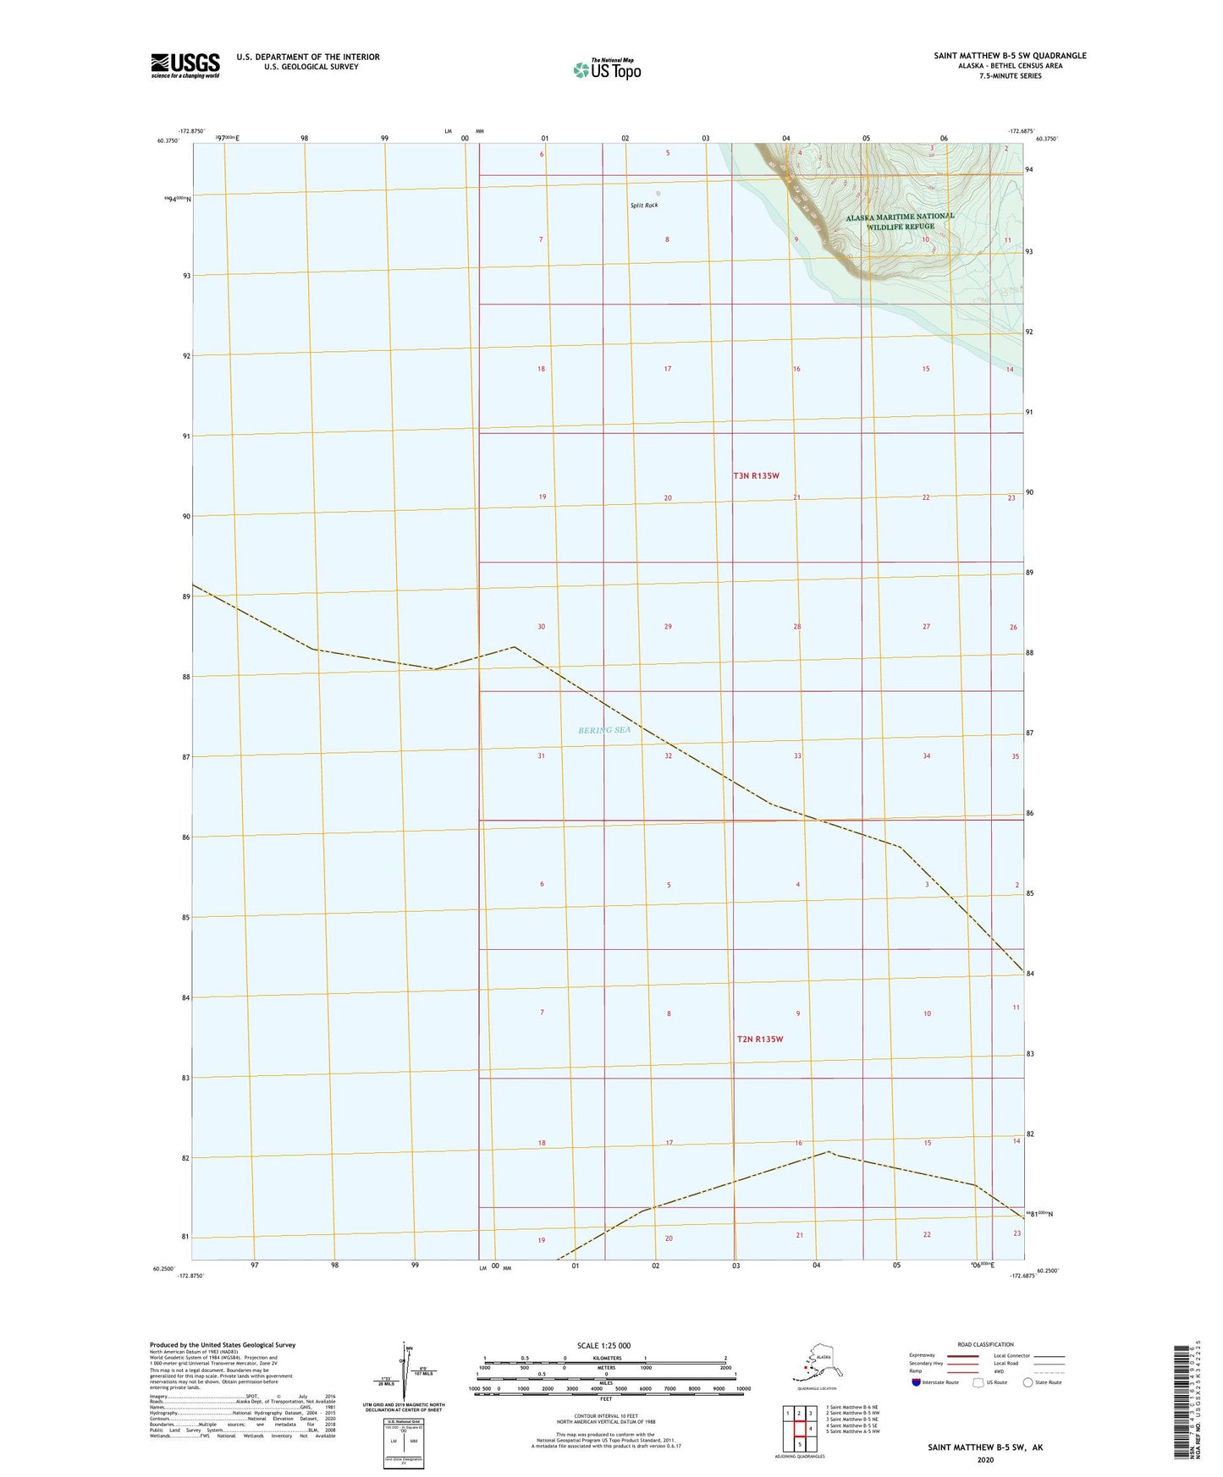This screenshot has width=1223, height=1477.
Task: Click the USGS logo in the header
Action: click(185, 65)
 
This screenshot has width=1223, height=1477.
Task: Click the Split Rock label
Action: click(644, 206)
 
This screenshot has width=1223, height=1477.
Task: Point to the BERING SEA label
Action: click(604, 730)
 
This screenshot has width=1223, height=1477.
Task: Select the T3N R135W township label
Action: click(756, 476)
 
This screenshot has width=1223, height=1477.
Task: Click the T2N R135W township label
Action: click(759, 1039)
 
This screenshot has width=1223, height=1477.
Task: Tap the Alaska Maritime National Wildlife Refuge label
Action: click(900, 221)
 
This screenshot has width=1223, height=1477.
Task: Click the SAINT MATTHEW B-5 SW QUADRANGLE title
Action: click(1010, 56)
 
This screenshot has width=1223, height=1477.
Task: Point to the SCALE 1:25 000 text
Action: click(603, 1346)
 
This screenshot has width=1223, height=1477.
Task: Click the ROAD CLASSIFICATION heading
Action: click(985, 1344)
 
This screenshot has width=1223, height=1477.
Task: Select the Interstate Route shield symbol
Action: click(917, 1383)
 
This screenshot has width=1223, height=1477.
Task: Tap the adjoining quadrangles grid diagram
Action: click(799, 1428)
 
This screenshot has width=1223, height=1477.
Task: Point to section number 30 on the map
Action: click(542, 627)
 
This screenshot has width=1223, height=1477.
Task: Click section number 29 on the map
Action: click(668, 627)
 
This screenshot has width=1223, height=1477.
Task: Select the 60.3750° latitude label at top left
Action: click(168, 141)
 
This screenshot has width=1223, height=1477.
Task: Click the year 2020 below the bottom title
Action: click(984, 1459)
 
